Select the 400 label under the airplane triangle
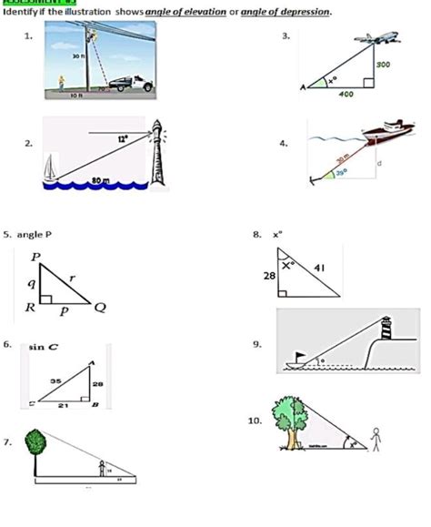pyautogui.click(x=346, y=94)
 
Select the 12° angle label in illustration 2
pyautogui.click(x=121, y=138)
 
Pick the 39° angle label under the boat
pyautogui.click(x=341, y=171)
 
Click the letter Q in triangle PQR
pyautogui.click(x=100, y=308)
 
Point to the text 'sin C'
pyautogui.click(x=44, y=347)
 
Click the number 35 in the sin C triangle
pyautogui.click(x=55, y=380)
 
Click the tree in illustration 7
pyautogui.click(x=35, y=446)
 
